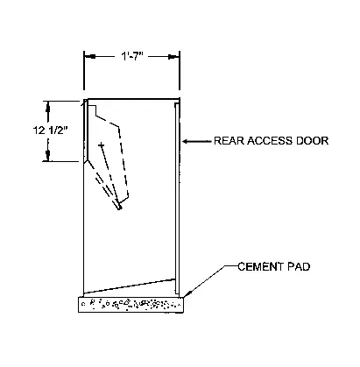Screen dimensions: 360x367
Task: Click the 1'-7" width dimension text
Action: click(x=131, y=57)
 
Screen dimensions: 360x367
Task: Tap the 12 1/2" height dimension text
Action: click(x=50, y=131)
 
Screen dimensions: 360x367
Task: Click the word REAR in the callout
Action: click(x=229, y=141)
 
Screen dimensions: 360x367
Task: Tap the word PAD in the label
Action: click(x=299, y=266)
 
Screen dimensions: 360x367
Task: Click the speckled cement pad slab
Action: click(x=131, y=305)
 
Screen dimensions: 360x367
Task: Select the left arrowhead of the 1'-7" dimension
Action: click(x=89, y=56)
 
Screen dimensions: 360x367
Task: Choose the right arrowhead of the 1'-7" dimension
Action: click(x=174, y=57)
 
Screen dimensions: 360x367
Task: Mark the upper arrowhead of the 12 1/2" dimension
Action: click(x=48, y=107)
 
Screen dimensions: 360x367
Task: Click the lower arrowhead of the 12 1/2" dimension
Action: click(x=48, y=155)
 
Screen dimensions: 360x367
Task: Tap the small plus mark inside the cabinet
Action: click(x=102, y=145)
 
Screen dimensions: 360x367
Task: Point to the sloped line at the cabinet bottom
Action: click(x=130, y=286)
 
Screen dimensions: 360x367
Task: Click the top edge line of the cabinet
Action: click(x=133, y=99)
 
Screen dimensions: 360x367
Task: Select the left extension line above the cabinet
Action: click(x=84, y=71)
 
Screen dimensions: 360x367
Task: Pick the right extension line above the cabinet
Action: click(x=180, y=71)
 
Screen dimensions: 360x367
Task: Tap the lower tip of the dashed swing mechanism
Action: click(x=119, y=208)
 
